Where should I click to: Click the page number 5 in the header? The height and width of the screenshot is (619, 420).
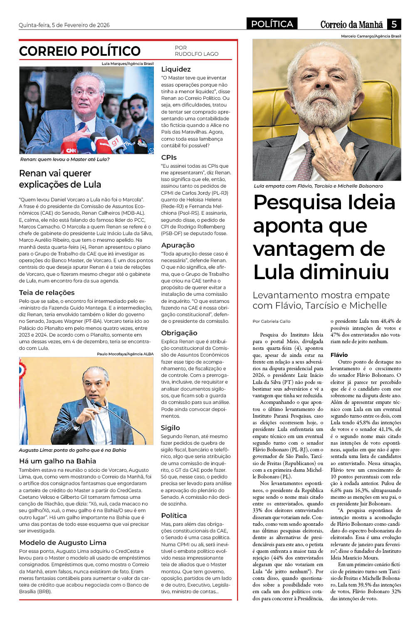(394, 24)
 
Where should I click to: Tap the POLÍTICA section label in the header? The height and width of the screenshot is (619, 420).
(272, 24)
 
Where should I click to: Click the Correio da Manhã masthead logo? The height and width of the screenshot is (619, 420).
(351, 25)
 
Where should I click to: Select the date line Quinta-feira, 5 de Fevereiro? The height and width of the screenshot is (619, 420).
(64, 25)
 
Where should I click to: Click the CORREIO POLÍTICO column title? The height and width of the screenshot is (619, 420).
(80, 51)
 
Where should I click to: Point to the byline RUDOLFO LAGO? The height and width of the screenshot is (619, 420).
(196, 54)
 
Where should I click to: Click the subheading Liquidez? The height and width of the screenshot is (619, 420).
(176, 69)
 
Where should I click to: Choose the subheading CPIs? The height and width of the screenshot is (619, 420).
(169, 158)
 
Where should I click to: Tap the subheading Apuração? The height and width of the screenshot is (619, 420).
(178, 245)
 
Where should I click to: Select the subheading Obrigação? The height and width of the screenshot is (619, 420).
(179, 333)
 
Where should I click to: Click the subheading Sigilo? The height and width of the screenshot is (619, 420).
(170, 428)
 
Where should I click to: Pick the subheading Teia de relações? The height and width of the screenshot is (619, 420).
(47, 293)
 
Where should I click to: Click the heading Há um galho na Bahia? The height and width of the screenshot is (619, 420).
(57, 461)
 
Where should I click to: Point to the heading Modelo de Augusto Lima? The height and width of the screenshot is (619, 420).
(63, 543)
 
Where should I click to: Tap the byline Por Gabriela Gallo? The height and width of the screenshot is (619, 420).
(272, 322)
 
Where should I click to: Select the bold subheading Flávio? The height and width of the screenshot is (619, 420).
(339, 355)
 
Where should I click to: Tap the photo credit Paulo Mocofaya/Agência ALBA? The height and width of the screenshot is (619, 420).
(125, 354)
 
